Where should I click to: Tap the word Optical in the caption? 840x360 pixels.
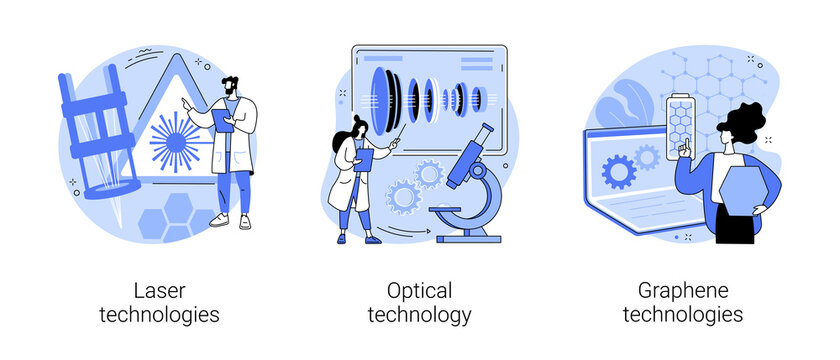click(x=419, y=291)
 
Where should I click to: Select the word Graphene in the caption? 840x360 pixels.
click(x=683, y=291)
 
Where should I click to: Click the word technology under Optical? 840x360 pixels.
click(x=419, y=315)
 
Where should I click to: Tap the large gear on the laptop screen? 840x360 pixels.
click(x=619, y=171)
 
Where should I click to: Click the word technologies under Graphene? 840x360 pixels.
click(x=683, y=315)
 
